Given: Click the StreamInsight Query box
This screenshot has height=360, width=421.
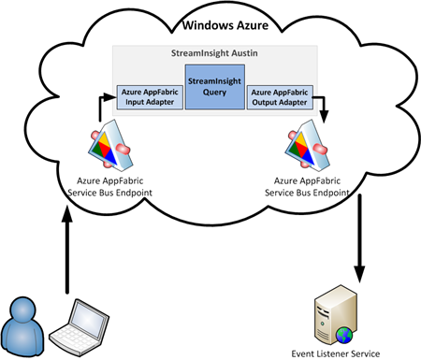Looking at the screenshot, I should pos(213,86).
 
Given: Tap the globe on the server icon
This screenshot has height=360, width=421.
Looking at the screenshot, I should pos(348,330).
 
